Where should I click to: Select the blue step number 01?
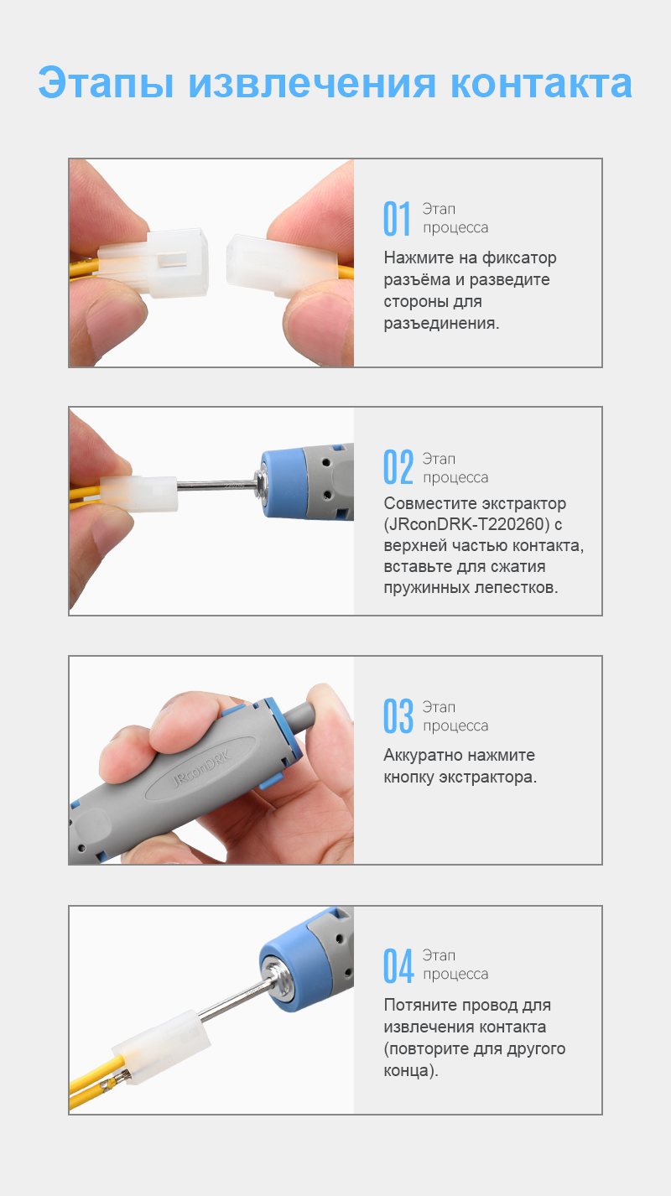[398, 219]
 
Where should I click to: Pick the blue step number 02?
[398, 468]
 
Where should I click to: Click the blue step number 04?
[398, 965]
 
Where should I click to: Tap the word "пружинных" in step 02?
[425, 587]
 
